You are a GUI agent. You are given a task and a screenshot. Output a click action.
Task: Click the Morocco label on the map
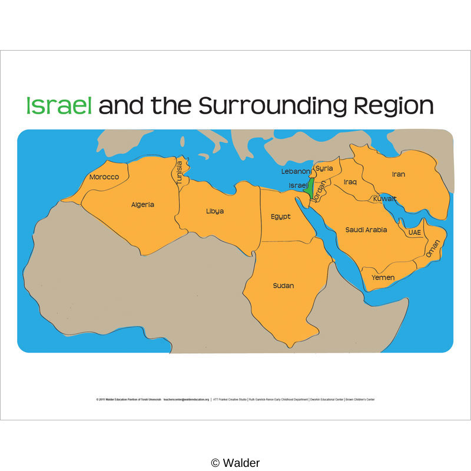[104, 177]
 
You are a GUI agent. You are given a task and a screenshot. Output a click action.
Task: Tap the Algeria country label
[142, 205]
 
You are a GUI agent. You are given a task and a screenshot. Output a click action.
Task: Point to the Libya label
[215, 211]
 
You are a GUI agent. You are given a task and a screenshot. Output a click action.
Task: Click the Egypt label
[281, 217]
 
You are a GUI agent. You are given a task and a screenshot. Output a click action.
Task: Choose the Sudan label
[283, 286]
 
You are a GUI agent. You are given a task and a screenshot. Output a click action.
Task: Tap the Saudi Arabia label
[366, 230]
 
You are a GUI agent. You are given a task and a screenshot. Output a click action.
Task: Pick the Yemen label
[383, 277]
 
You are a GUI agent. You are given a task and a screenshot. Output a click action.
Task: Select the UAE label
[415, 233]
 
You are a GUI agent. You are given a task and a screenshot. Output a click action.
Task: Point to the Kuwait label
[385, 198]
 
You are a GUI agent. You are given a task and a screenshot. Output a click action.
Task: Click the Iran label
[399, 174]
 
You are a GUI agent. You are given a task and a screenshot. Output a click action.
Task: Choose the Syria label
[324, 168]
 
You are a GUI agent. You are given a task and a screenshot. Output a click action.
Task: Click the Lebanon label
[296, 171]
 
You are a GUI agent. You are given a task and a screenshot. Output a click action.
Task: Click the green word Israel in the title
[59, 105]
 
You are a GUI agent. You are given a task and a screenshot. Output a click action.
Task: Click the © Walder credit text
[235, 463]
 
